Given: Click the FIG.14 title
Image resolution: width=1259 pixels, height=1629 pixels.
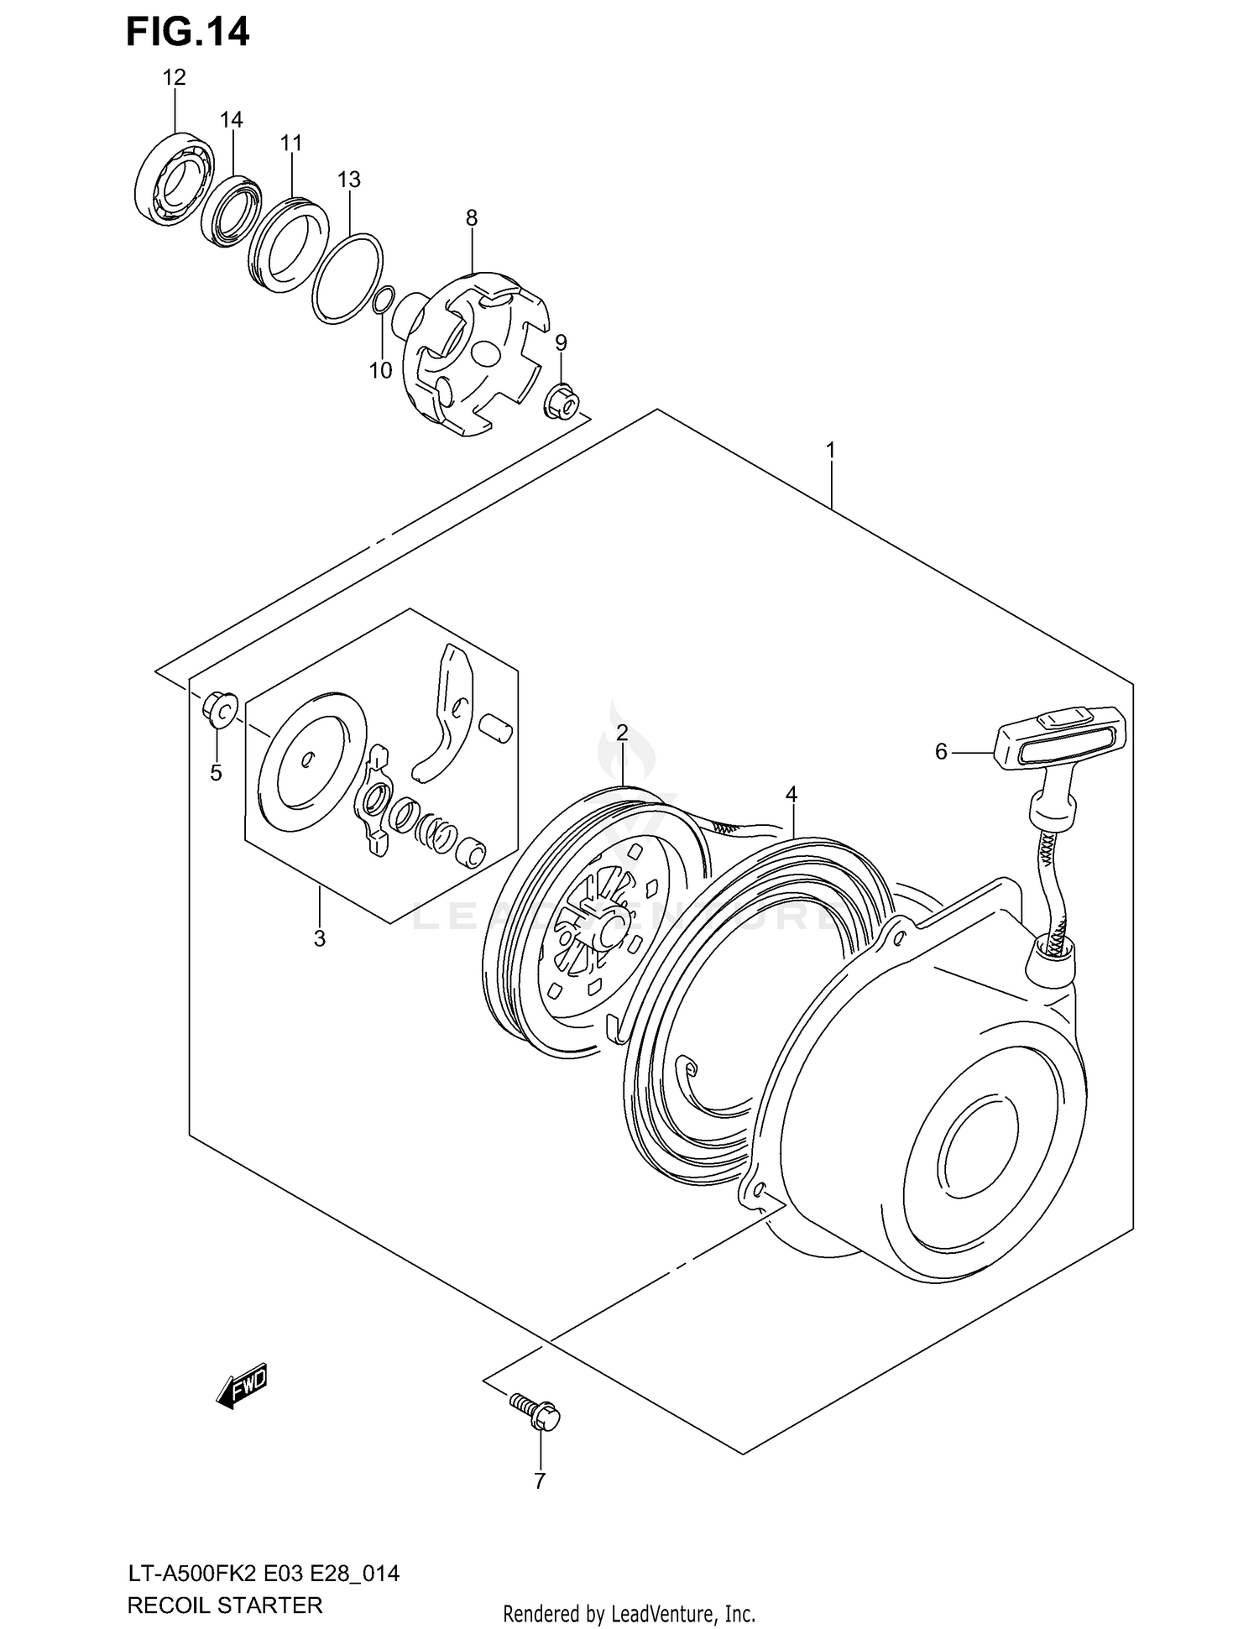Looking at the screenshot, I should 187,32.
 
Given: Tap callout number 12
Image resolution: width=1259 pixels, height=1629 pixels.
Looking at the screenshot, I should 174,78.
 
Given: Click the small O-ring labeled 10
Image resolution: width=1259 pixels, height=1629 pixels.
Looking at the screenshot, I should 382,300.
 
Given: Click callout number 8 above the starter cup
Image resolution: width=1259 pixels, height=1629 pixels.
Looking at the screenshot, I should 472,218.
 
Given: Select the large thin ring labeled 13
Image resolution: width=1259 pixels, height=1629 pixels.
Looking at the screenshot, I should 347,276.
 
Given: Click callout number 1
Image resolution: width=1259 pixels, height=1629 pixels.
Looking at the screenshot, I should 830,451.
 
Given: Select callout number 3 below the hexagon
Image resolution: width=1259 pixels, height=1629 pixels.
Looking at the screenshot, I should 319,939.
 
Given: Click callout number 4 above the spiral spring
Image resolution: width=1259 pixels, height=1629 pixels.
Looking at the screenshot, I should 791,794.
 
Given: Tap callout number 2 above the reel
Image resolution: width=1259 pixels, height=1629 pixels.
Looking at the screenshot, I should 622,733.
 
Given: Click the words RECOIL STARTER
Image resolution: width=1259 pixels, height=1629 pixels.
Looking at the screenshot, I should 224,1606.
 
